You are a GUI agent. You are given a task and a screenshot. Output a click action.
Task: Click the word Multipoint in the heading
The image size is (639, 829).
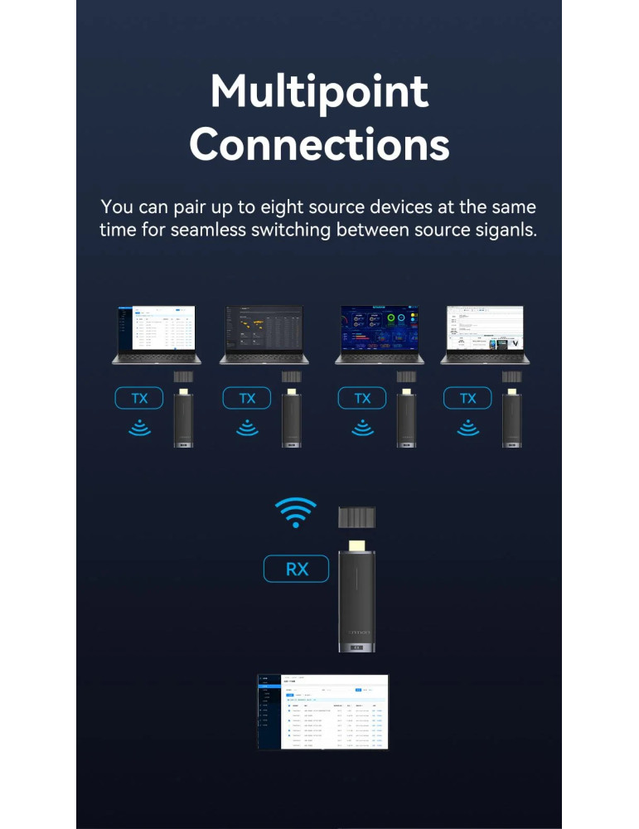[x=319, y=91]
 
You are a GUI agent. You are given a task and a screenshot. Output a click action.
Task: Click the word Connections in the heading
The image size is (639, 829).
[x=319, y=144]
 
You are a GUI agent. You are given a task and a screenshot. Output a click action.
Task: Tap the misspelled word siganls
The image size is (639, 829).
[x=500, y=230]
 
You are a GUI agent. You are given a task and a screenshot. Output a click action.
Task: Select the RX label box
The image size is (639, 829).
[x=296, y=570]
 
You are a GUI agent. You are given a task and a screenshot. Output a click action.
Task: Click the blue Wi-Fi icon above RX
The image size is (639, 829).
[x=296, y=512]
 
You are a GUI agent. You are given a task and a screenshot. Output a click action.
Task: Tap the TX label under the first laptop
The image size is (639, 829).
[x=139, y=399]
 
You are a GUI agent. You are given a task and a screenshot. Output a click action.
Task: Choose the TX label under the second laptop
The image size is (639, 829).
[x=247, y=399]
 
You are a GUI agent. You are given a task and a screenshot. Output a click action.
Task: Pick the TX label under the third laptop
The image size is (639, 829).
[x=362, y=399]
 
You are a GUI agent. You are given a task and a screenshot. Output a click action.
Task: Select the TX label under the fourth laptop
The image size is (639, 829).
[x=468, y=399]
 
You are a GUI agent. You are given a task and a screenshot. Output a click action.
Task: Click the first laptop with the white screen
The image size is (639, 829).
[x=157, y=334]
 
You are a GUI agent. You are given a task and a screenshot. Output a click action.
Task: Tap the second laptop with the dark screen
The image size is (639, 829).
[x=264, y=334]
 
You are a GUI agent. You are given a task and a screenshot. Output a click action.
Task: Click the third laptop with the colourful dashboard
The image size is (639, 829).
[x=379, y=334]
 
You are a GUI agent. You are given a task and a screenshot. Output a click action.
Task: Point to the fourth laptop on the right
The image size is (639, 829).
[x=486, y=334]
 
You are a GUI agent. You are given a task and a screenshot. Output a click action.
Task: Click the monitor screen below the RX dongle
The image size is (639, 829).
[x=322, y=711]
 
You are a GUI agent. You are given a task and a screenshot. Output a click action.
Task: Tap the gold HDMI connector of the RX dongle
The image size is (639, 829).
[x=358, y=546]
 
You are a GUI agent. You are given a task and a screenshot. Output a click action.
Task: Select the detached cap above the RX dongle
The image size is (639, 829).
[x=358, y=517]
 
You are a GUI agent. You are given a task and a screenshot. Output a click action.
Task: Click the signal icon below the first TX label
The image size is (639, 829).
[x=139, y=428]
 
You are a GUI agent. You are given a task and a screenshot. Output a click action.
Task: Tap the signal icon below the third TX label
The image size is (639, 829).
[x=362, y=428]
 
